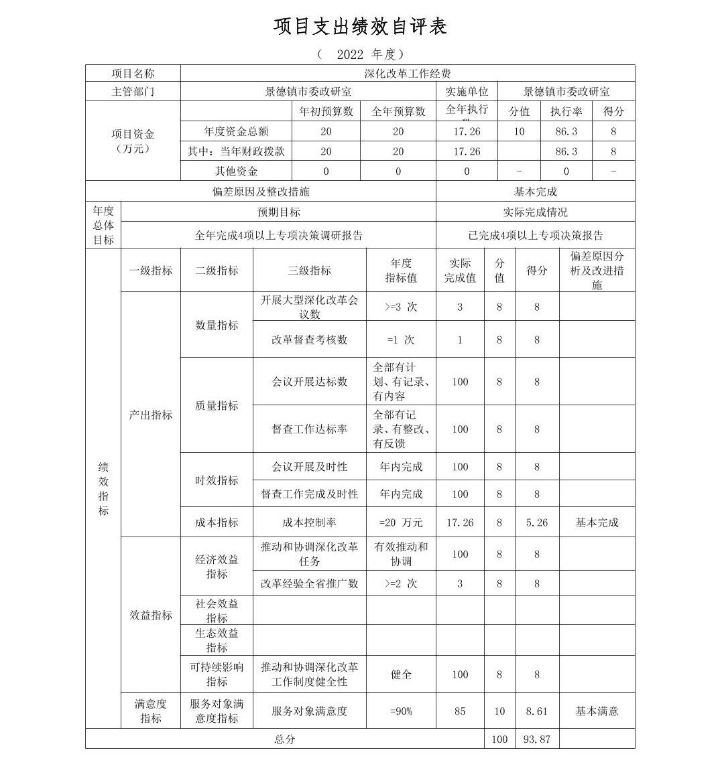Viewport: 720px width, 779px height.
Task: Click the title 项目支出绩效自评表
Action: (360, 26)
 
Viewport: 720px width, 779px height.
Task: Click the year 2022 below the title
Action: (350, 54)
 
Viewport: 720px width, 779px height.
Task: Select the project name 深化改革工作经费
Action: (407, 74)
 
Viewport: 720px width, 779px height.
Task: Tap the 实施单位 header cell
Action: (467, 92)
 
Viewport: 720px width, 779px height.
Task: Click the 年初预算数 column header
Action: (326, 111)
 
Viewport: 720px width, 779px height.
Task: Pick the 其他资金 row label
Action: (236, 171)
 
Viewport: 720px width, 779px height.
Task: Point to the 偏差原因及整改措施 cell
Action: (260, 192)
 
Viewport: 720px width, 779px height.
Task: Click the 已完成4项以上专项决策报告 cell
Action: (535, 235)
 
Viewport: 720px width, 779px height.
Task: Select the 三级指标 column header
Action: (309, 271)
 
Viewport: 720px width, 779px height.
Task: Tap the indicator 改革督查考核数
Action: (309, 340)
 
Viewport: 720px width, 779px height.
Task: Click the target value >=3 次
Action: (401, 307)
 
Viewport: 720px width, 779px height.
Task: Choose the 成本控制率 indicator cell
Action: (309, 522)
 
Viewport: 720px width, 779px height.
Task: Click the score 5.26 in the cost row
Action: (536, 522)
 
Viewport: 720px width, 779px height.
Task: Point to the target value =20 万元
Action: (401, 522)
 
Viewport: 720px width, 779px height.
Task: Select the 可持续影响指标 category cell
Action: (217, 674)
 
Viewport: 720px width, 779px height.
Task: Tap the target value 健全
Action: (401, 674)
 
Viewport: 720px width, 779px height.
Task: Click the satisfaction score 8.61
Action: (536, 711)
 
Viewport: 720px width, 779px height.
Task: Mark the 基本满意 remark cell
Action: (597, 711)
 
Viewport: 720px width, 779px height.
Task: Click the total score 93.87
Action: (536, 739)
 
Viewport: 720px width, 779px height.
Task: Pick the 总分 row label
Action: (284, 739)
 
